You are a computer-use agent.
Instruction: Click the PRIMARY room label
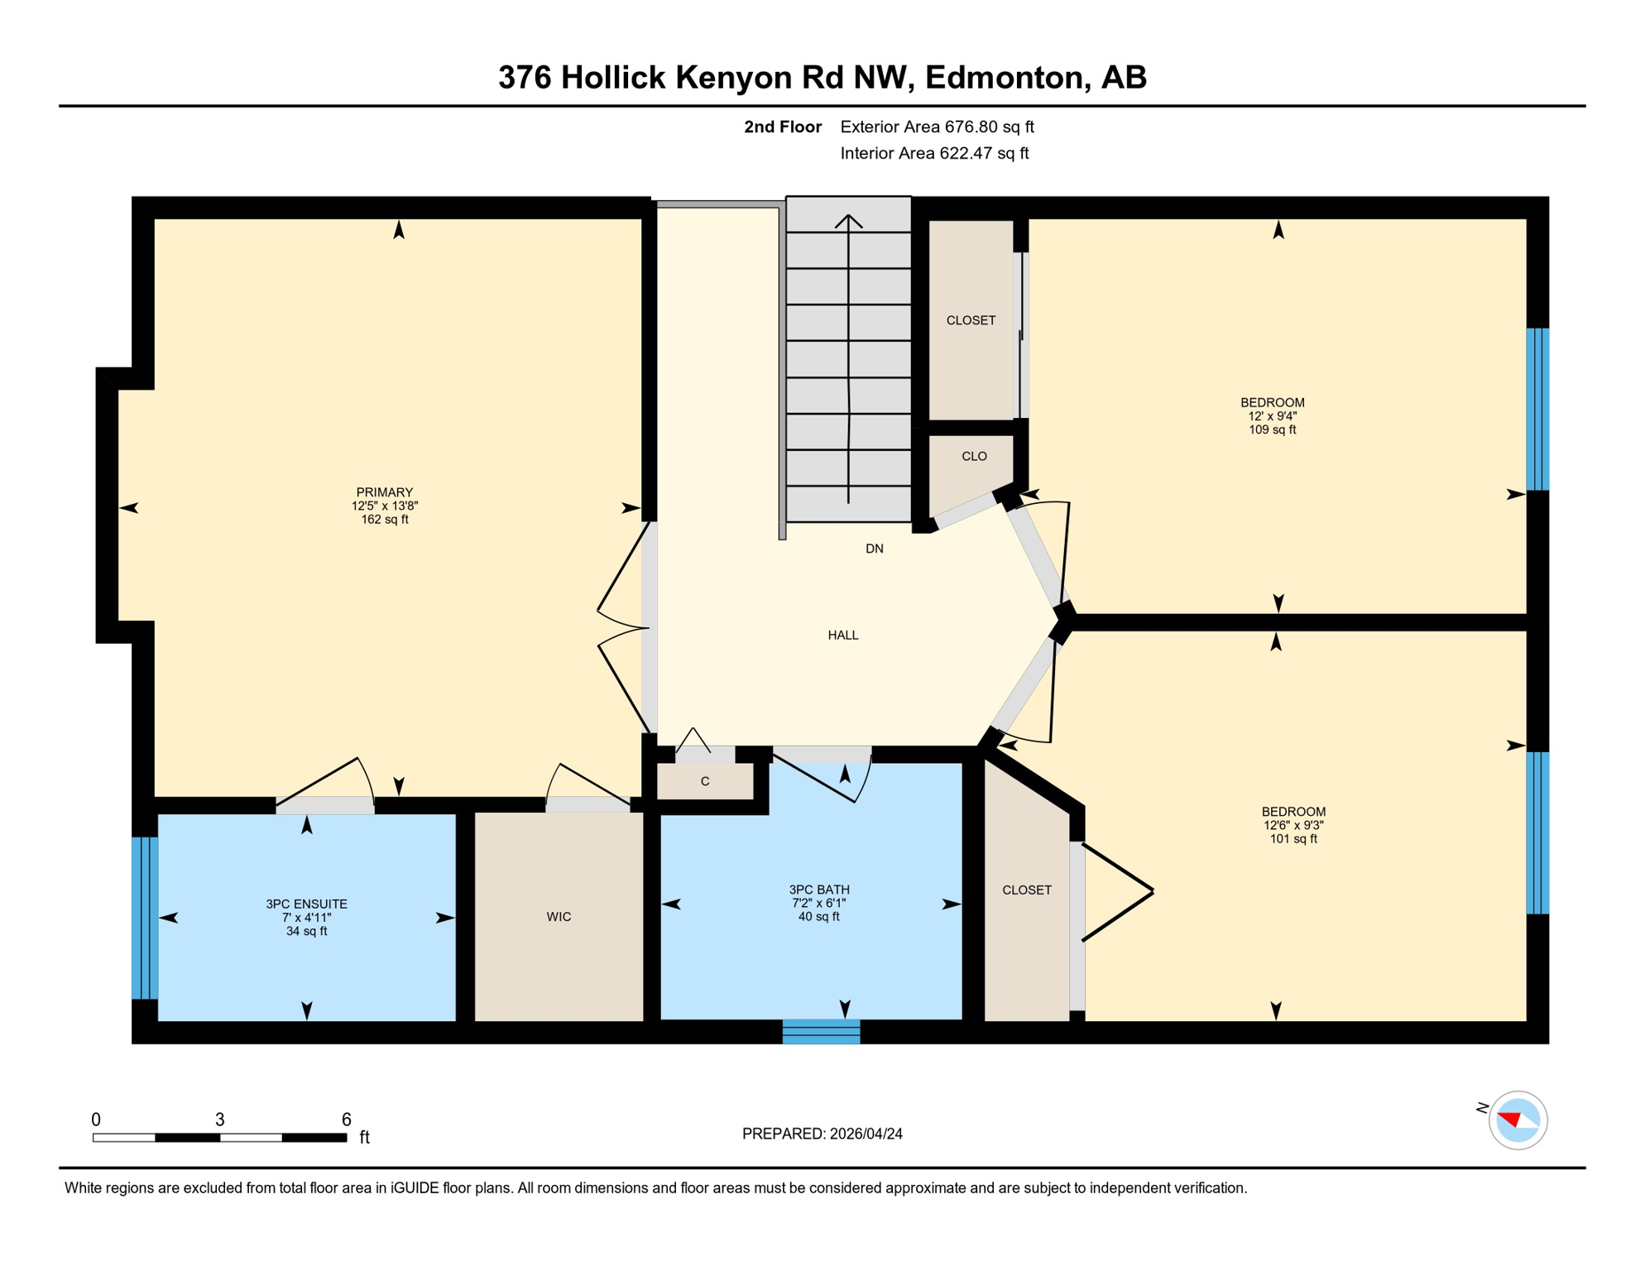click(x=384, y=492)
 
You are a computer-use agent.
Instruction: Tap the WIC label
click(x=559, y=917)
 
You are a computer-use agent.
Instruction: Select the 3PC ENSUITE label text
click(x=306, y=904)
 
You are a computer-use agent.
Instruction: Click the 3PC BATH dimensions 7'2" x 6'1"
click(x=818, y=904)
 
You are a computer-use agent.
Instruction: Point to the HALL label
click(x=842, y=635)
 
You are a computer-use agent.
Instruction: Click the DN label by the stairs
click(x=874, y=549)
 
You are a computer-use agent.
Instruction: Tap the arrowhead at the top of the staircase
click(x=848, y=220)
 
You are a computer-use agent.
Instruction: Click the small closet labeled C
click(x=705, y=781)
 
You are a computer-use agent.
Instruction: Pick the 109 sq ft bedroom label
click(x=1272, y=416)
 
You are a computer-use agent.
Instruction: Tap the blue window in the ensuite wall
click(x=144, y=918)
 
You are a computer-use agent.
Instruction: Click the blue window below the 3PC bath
click(x=821, y=1032)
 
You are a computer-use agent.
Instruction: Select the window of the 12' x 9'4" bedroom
click(x=1537, y=410)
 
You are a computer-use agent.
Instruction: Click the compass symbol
click(x=1517, y=1120)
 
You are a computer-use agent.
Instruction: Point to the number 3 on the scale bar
click(x=219, y=1120)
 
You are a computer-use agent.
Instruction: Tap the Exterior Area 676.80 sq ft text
click(x=937, y=127)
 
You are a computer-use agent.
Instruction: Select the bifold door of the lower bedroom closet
click(x=1117, y=891)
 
